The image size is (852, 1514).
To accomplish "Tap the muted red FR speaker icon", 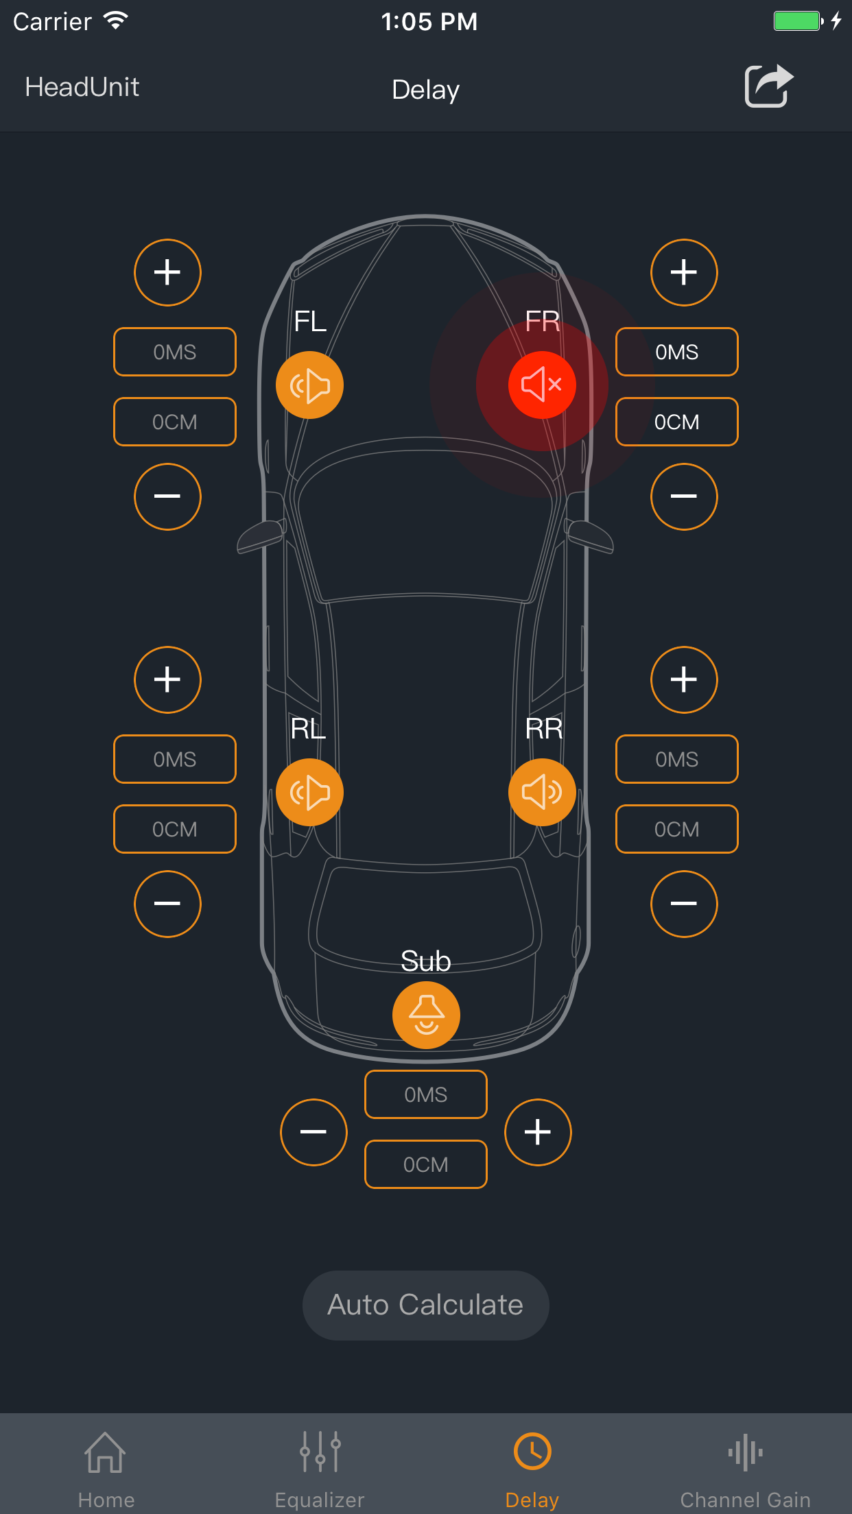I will tap(542, 385).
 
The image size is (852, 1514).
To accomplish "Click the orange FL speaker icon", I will tap(309, 385).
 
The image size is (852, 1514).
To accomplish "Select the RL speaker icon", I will tap(309, 792).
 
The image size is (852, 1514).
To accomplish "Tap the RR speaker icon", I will tap(542, 792).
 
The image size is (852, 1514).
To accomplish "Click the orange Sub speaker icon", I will tap(426, 1015).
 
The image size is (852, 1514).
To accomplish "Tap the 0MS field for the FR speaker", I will tap(676, 352).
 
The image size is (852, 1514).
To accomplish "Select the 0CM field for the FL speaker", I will tap(175, 422).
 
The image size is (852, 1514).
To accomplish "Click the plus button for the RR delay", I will tap(683, 680).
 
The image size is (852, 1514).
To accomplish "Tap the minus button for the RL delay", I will tap(167, 903).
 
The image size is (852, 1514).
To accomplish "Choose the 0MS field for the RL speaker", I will tap(175, 759).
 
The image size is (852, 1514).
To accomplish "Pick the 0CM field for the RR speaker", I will tap(676, 829).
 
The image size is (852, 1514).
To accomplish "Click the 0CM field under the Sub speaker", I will tap(426, 1164).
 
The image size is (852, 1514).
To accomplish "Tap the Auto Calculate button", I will tap(425, 1305).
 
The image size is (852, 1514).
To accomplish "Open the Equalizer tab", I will tap(320, 1467).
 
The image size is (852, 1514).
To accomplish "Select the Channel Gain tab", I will tap(745, 1467).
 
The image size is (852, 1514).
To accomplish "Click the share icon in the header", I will tap(768, 86).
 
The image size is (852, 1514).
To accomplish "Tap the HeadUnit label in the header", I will tap(82, 87).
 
